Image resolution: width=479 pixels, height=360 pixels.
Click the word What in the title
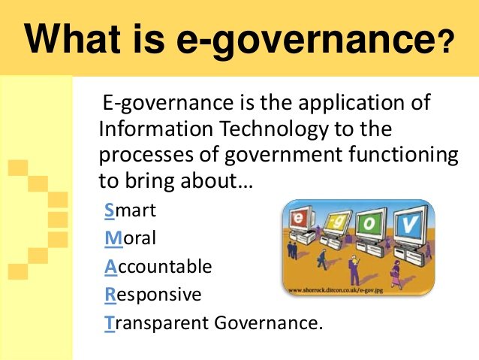73,38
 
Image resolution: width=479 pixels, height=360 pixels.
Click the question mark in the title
445,44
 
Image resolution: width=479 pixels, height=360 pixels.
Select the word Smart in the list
130,210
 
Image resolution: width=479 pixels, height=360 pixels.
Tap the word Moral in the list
130,238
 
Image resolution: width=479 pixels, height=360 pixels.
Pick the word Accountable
158,266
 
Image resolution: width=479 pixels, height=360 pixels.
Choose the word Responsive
152,295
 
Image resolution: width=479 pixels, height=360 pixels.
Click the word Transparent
156,323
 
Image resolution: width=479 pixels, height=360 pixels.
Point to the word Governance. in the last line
268,322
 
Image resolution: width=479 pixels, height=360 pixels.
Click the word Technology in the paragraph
274,129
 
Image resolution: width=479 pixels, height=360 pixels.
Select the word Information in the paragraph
156,129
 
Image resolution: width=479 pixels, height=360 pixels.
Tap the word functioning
403,156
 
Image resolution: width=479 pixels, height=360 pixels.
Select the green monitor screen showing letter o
369,223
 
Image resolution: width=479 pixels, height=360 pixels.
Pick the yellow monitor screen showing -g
334,222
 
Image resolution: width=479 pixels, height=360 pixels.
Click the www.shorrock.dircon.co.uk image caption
336,289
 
